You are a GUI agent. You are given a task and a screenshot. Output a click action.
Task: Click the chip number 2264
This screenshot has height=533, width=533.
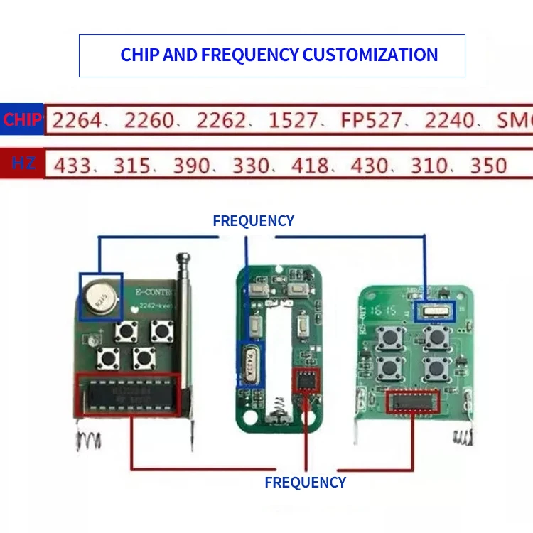[x=77, y=120]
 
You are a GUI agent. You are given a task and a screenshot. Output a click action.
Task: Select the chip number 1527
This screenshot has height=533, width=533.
[x=292, y=120]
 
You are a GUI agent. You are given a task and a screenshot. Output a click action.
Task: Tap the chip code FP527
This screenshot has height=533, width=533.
[x=371, y=120]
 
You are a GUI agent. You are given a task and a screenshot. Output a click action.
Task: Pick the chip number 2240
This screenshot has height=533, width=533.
[x=449, y=120]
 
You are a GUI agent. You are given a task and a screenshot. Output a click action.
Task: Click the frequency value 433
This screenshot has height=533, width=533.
[x=72, y=166]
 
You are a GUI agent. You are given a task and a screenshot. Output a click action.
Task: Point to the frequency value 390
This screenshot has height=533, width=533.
[x=192, y=166]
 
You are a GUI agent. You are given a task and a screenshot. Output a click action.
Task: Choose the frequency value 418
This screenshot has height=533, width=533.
[x=310, y=166]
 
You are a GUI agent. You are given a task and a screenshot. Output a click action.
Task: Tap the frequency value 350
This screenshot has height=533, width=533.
[x=489, y=166]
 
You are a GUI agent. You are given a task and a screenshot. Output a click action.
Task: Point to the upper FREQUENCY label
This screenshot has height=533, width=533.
[x=253, y=221]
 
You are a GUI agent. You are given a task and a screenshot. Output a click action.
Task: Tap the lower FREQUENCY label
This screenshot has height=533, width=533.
[x=305, y=483]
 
